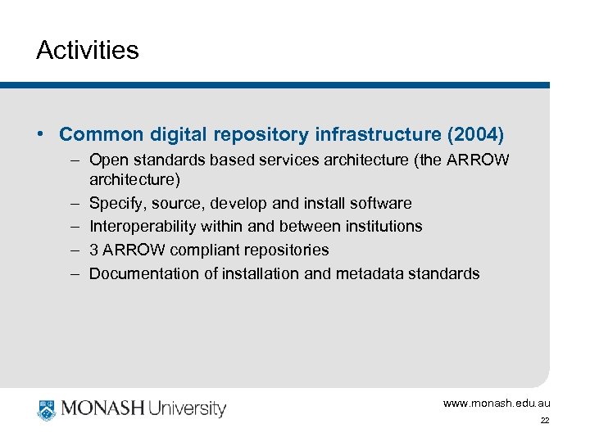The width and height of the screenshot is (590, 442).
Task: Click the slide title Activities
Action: tap(88, 51)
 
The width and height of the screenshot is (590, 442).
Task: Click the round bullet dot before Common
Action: tap(41, 133)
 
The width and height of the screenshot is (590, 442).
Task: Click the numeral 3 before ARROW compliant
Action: tap(93, 250)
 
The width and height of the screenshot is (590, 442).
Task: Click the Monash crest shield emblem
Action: tap(47, 408)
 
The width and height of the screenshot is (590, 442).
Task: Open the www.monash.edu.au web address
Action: tap(497, 404)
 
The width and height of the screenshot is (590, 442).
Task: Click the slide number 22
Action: tap(545, 421)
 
